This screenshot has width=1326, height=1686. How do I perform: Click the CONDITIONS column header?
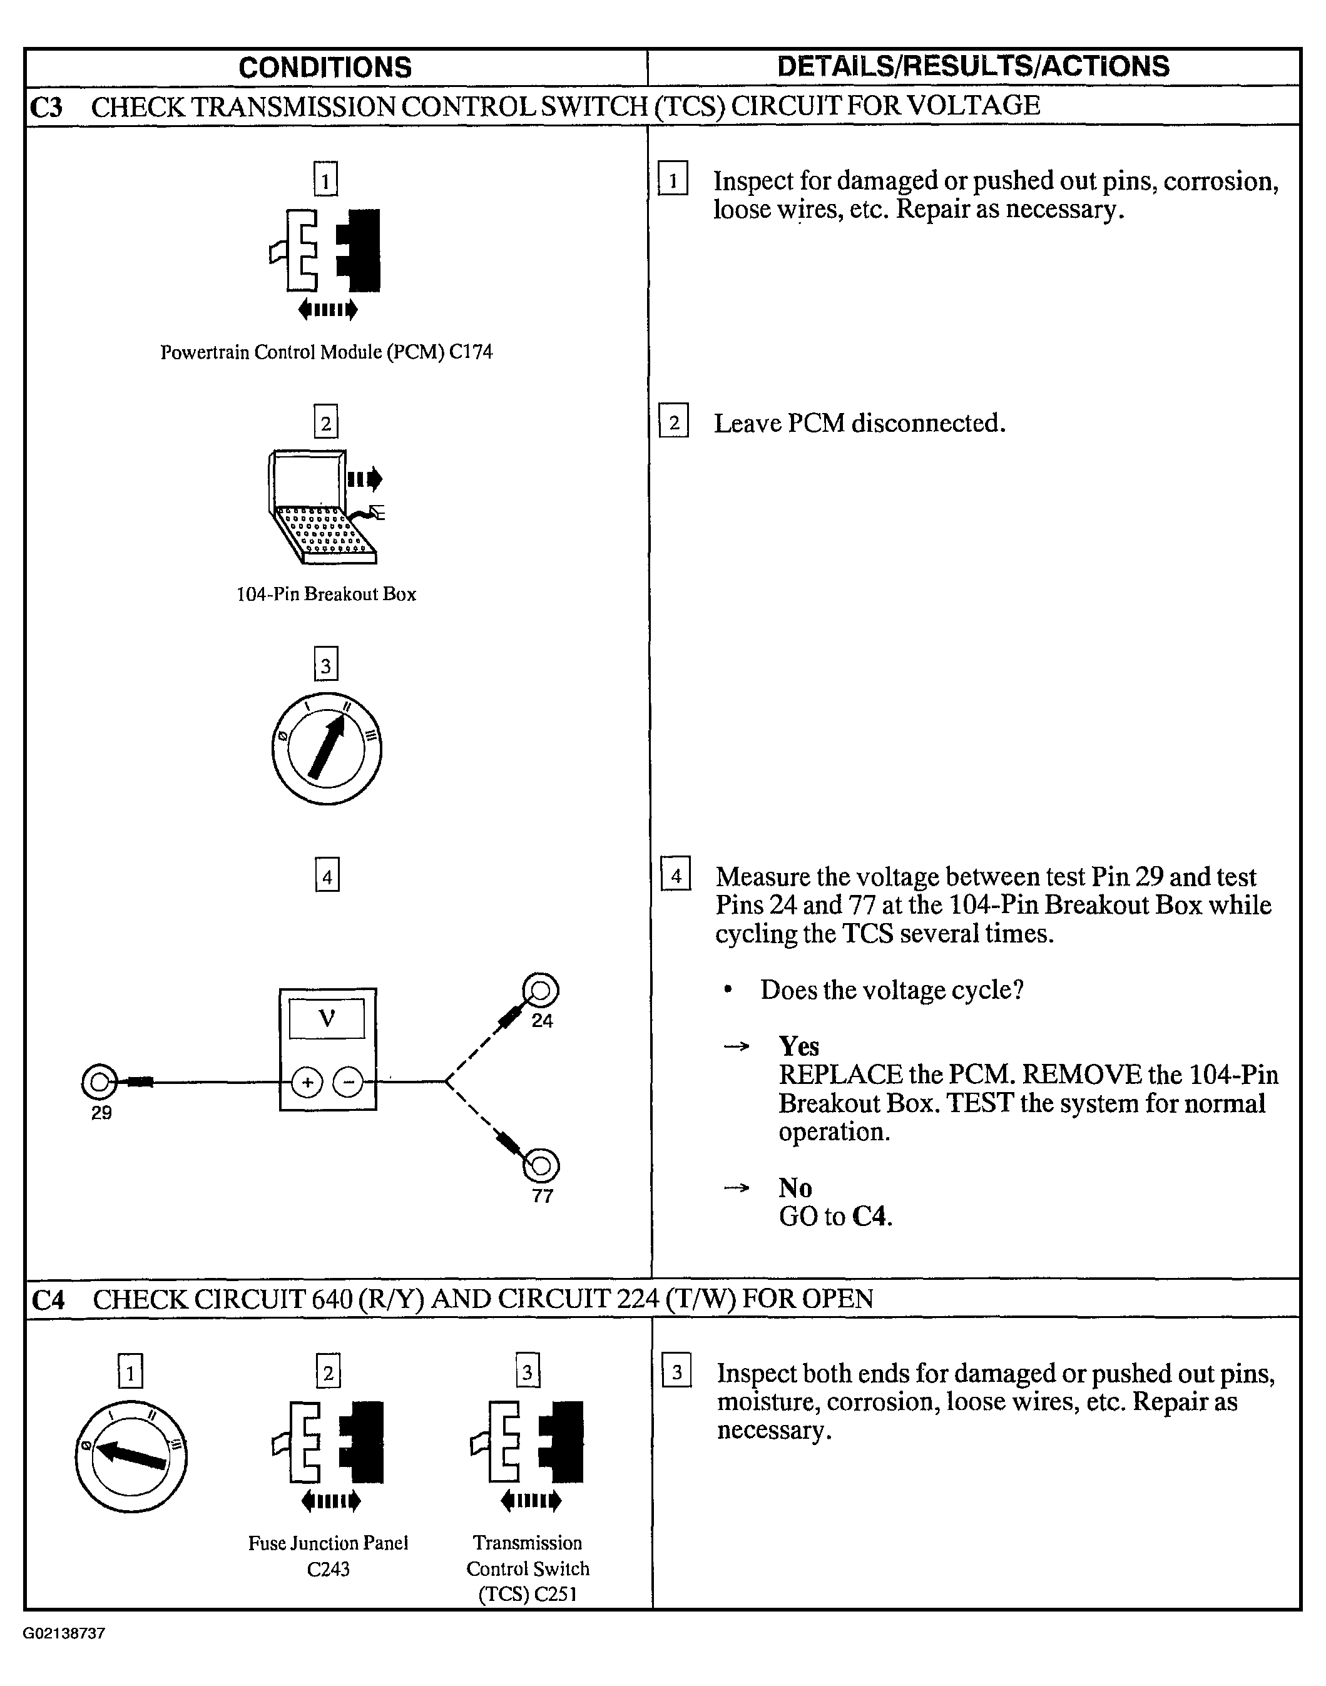tap(325, 68)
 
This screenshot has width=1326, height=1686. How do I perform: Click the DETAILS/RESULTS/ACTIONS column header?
tap(973, 67)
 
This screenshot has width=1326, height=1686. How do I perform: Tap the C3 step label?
tap(46, 106)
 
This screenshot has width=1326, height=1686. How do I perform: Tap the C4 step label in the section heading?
tap(48, 1299)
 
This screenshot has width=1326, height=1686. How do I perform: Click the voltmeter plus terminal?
tap(307, 1082)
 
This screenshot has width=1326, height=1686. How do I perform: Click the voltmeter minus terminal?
tap(349, 1082)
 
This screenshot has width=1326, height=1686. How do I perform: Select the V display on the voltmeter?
tap(327, 1018)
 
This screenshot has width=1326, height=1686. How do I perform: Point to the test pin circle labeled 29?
tap(99, 1081)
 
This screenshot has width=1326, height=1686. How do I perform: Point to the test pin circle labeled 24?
tap(541, 991)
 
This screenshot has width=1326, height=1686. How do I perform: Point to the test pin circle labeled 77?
tap(542, 1165)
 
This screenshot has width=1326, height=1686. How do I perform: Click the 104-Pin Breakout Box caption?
tap(326, 595)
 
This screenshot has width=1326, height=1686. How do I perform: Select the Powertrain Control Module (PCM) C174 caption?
tap(326, 352)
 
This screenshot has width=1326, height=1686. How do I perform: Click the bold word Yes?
tap(799, 1046)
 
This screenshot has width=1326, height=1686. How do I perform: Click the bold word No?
tap(795, 1188)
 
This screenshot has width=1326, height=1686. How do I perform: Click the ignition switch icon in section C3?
tap(326, 748)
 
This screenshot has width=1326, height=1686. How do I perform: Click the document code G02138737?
tap(64, 1633)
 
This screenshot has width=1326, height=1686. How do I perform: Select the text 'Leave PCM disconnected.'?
tap(859, 423)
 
